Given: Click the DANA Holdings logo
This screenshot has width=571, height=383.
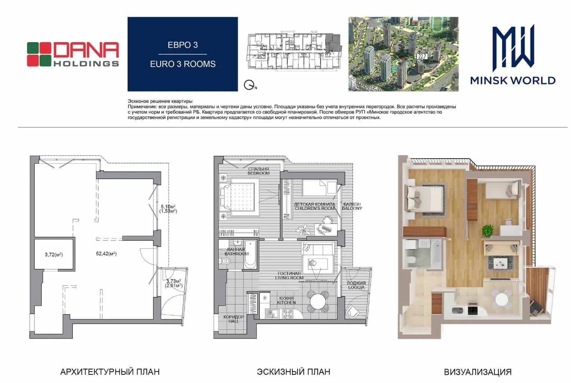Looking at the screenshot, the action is tap(73, 54).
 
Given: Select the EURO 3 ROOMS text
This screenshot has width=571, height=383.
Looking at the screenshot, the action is tap(183, 64).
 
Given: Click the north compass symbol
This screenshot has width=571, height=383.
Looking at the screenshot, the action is tap(249, 85).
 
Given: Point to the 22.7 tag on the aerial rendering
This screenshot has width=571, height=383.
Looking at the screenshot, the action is tap(422, 56).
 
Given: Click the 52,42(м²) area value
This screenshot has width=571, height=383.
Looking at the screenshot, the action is tap(106, 253).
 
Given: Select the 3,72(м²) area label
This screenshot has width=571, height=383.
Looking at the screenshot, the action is tap(54, 255).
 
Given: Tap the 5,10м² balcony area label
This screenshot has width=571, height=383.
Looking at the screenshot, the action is tap(168, 207).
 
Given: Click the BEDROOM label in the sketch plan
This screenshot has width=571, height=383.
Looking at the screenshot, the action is tap(258, 173).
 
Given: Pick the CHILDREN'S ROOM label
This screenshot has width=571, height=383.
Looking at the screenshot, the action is tap(314, 208).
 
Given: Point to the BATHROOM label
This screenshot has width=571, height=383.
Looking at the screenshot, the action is tap(236, 254).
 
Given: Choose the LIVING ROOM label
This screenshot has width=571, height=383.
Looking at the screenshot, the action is tap(289, 278).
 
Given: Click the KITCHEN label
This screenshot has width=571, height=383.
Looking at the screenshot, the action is tap(286, 302).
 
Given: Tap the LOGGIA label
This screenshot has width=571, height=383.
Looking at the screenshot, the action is tap(356, 287).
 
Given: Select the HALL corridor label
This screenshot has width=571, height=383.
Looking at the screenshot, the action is tap(233, 321).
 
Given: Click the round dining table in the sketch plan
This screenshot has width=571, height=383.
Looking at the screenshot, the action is tap(318, 302).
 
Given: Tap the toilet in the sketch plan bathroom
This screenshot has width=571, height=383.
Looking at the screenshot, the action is tap(225, 261).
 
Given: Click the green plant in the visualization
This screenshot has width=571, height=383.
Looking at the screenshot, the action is tap(487, 230).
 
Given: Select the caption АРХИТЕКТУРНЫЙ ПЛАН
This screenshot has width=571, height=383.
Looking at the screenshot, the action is tap(110, 372).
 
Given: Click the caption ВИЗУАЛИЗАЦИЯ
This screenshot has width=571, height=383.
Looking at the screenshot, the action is tap(478, 372).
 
